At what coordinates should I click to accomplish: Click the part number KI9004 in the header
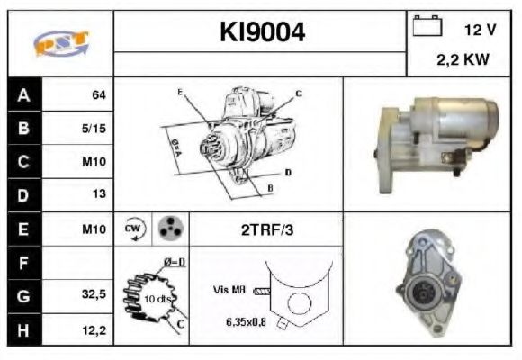click(x=263, y=32)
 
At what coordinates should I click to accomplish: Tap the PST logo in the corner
click(x=59, y=43)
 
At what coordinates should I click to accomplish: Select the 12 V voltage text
click(x=480, y=30)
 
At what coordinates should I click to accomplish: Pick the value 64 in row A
click(x=99, y=94)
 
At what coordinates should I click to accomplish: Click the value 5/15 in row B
click(x=94, y=128)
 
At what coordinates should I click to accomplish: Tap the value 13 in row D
click(x=99, y=193)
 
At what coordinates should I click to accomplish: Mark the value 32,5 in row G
click(x=94, y=294)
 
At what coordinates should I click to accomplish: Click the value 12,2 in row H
click(x=94, y=330)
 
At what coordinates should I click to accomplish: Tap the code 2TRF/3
click(x=266, y=229)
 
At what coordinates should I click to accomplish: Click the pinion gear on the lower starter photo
click(x=418, y=293)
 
